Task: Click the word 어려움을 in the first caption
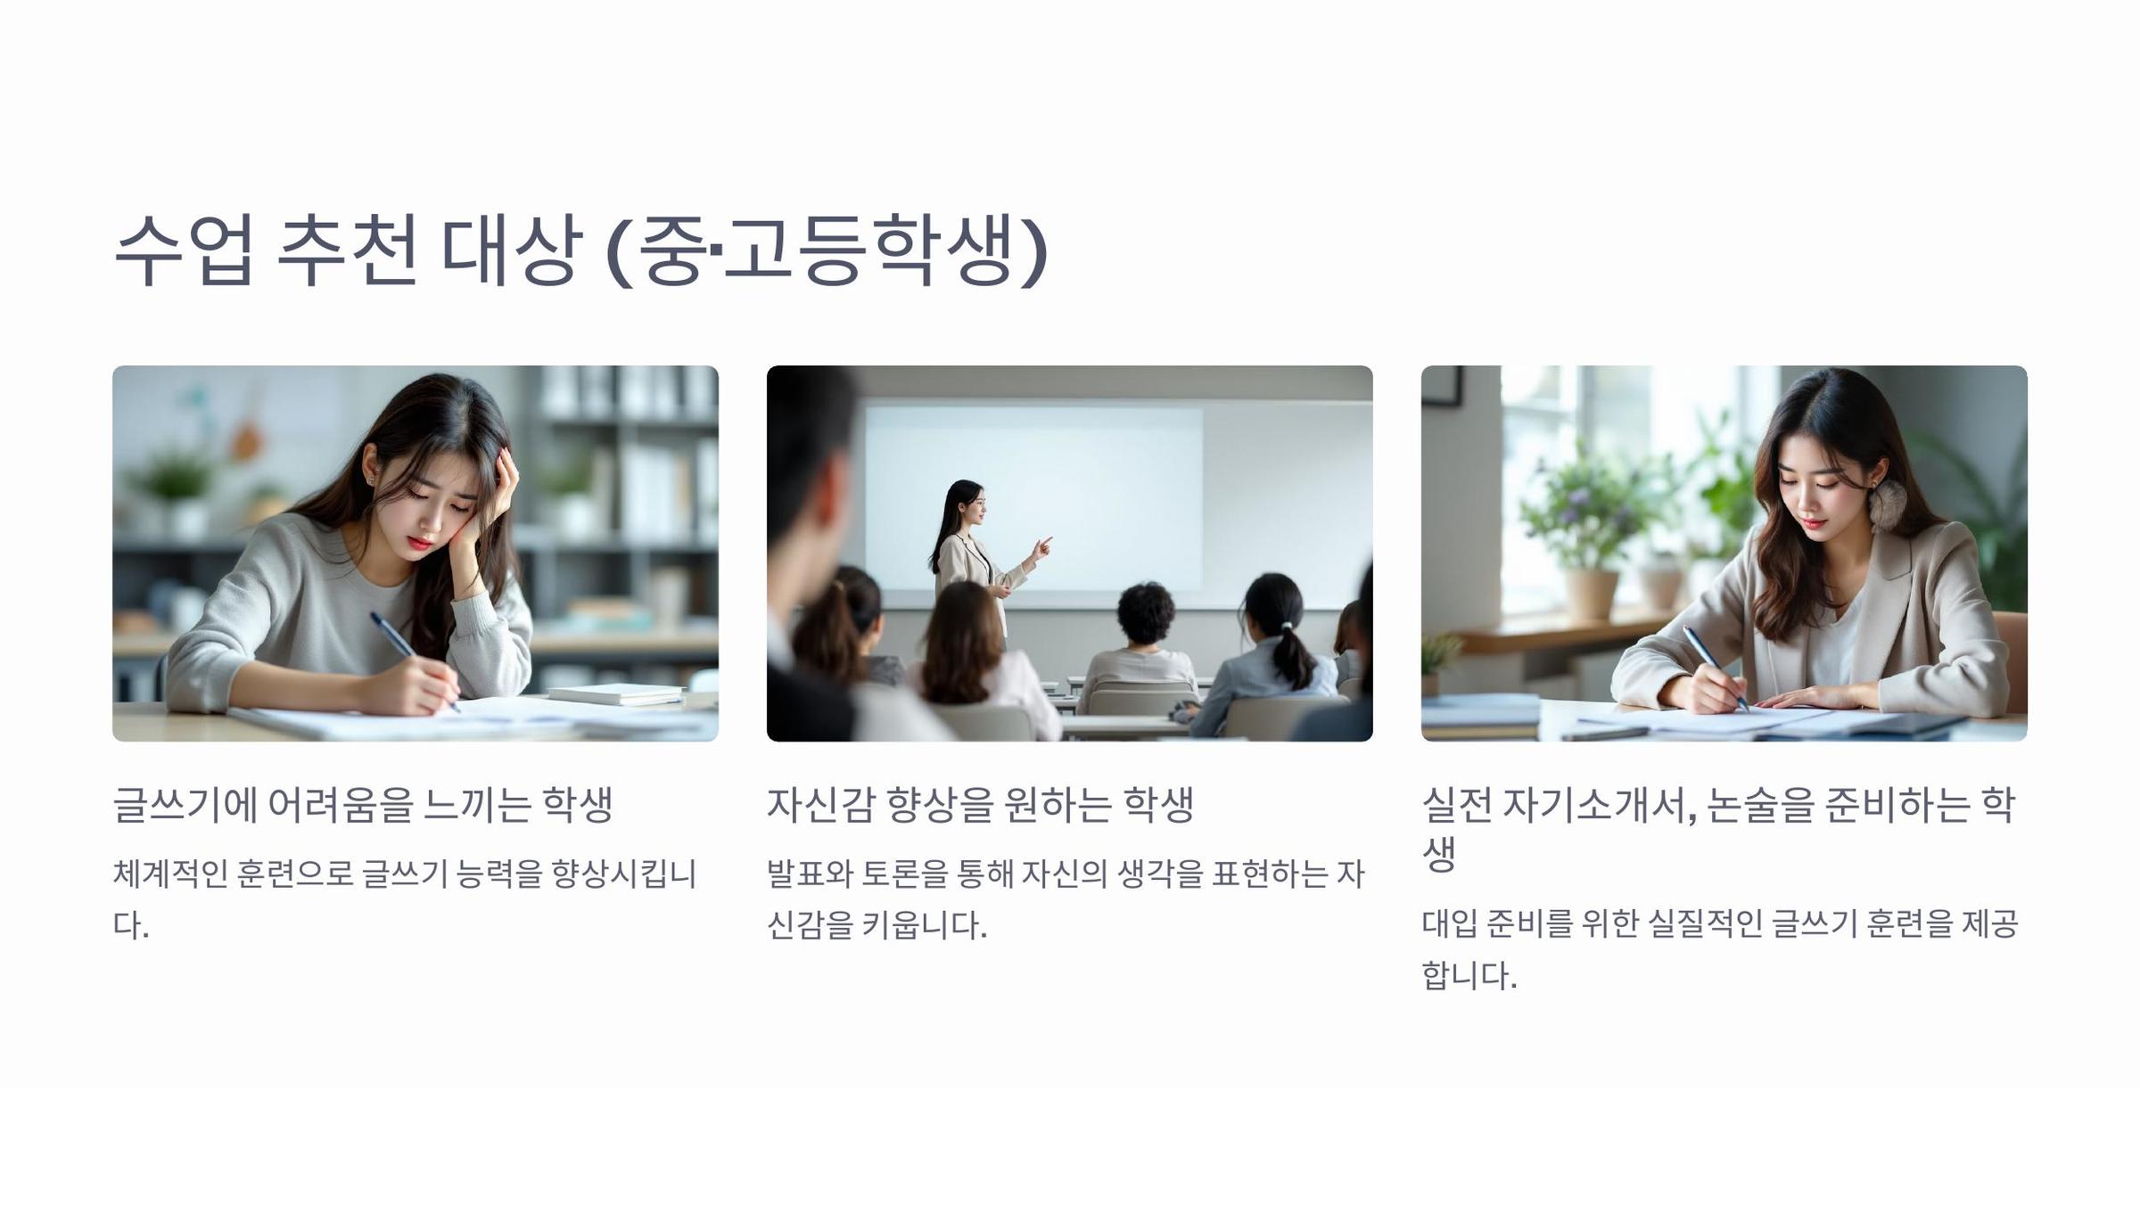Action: point(342,804)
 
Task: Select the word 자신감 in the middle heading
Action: point(820,804)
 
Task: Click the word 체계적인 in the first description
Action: point(169,874)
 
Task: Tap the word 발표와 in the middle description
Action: point(811,874)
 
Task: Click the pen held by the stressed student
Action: point(415,660)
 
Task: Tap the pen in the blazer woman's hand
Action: point(1715,668)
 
